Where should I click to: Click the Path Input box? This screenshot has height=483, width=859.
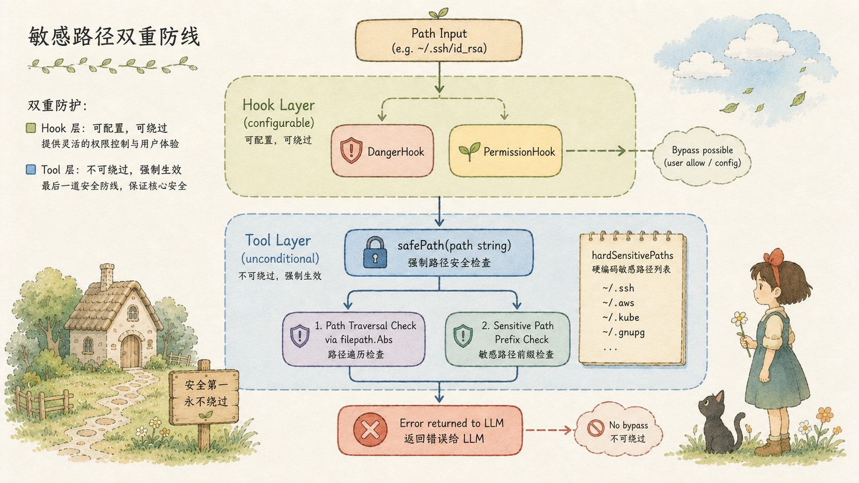click(x=439, y=40)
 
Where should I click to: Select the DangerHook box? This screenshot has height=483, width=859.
click(x=382, y=151)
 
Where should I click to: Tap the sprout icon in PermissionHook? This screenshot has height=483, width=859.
click(x=469, y=151)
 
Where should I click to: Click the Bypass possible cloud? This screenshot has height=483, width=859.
click(x=702, y=156)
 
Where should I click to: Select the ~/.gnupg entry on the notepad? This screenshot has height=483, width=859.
click(x=624, y=333)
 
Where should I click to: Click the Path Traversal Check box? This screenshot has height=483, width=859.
click(x=353, y=339)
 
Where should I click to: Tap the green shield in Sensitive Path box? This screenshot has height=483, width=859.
click(x=463, y=336)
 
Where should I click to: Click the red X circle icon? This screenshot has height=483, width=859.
click(x=370, y=430)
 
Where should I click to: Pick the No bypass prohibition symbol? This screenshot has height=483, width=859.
click(x=595, y=428)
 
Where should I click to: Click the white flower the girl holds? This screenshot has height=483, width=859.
click(x=739, y=319)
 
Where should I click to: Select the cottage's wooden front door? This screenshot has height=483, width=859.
click(x=131, y=351)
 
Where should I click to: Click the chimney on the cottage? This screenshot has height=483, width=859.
click(x=107, y=277)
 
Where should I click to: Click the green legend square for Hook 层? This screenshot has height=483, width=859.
click(x=31, y=128)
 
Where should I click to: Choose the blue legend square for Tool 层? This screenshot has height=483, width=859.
click(x=31, y=169)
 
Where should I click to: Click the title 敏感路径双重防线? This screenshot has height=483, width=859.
click(x=114, y=37)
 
